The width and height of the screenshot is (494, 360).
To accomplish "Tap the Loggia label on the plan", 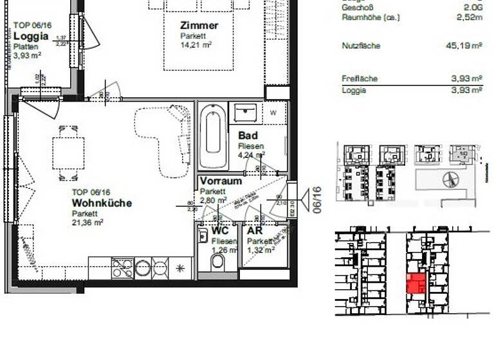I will point(31,37).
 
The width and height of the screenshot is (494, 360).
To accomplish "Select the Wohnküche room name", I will point(102,203).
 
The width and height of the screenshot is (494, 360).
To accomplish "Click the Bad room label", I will point(248,136).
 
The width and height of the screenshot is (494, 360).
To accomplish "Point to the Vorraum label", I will point(220,181).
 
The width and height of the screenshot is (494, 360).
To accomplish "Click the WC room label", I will point(219,230).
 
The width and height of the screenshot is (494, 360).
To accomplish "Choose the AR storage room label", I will point(255,230).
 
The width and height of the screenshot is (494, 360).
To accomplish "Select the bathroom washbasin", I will point(246,113).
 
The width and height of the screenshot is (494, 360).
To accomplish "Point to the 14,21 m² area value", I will point(196,45).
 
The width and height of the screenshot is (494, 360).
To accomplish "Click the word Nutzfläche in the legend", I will point(360,46).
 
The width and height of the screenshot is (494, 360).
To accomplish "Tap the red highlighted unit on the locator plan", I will point(416,283).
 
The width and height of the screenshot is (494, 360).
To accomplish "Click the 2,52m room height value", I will point(470,18).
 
